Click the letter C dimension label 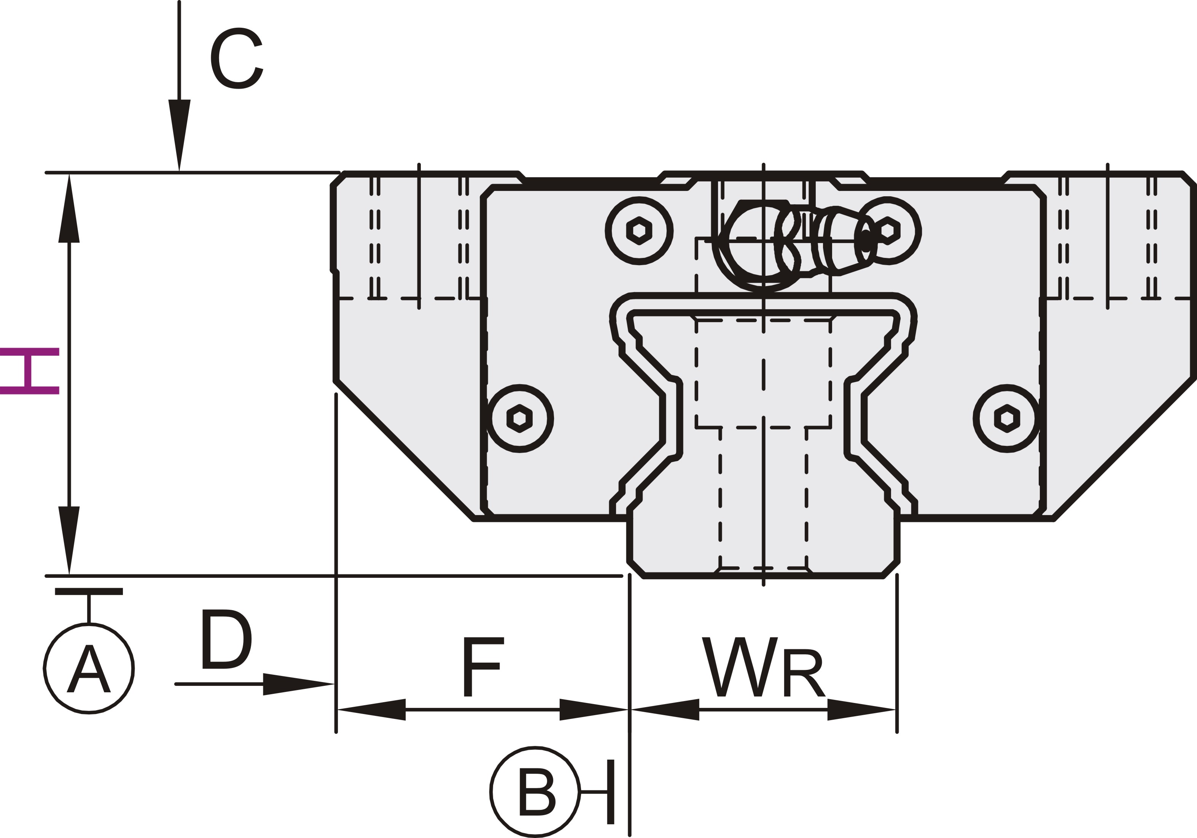tap(237, 58)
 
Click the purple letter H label tap(30, 371)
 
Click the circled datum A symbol tap(89, 668)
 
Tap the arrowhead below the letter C tap(179, 135)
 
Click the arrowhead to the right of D tap(298, 684)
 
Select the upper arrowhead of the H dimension tap(69, 208)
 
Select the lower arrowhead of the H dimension tap(69, 541)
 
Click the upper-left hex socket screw tap(639, 231)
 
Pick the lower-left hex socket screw tap(519, 418)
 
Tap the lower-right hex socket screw tap(1007, 418)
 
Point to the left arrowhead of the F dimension tap(372, 709)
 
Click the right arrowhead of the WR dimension tap(861, 709)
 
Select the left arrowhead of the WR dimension tap(665, 709)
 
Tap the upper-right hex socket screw tap(887, 231)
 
